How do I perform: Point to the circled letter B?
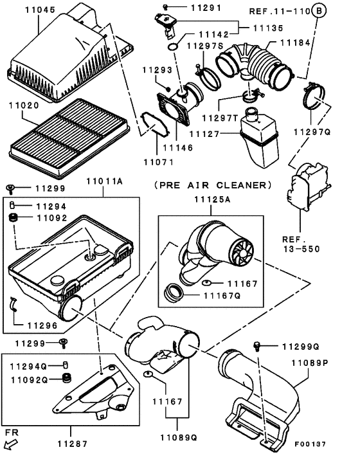tap(319, 12)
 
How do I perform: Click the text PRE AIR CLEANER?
tap(213, 185)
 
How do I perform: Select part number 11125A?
tap(212, 200)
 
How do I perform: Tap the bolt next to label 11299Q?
tap(258, 347)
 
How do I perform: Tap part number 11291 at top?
tap(188, 8)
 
